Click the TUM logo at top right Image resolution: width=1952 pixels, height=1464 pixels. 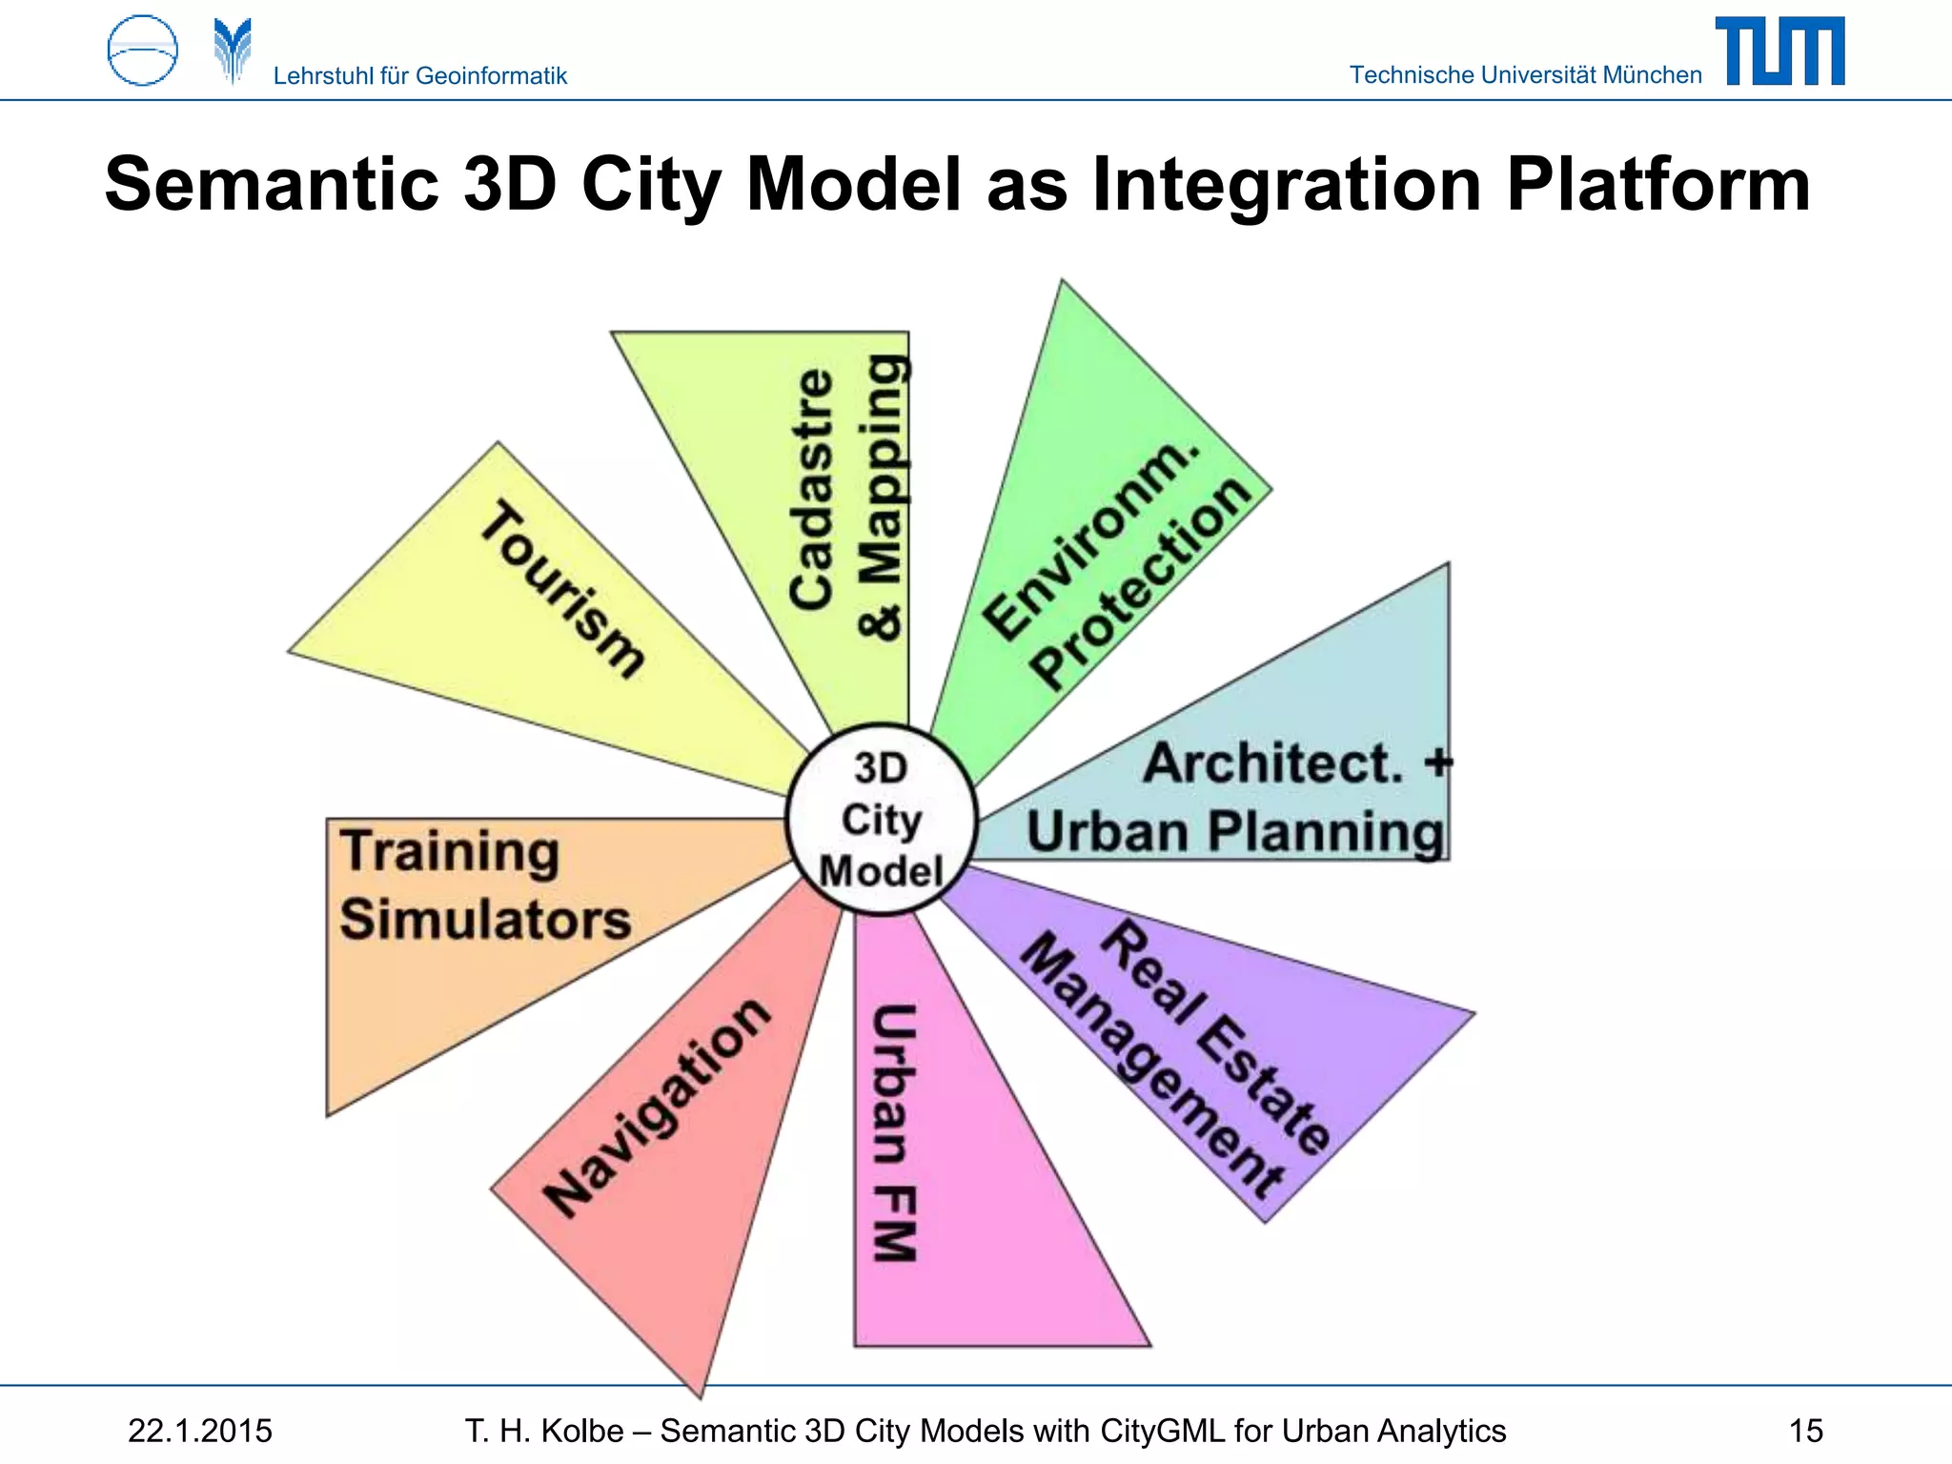(x=1779, y=51)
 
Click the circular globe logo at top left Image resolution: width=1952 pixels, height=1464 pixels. (x=143, y=51)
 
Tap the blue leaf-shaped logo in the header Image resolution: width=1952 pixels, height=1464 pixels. (x=233, y=50)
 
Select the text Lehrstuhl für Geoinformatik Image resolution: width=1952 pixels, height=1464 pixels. (x=419, y=76)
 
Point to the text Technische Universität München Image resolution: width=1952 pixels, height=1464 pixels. (x=1525, y=75)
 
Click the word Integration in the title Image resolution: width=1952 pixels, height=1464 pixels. (x=1286, y=185)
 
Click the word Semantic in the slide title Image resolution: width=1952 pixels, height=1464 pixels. (x=272, y=185)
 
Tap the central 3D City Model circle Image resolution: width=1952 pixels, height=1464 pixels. (x=882, y=820)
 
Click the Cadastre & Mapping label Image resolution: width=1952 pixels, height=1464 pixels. (x=846, y=496)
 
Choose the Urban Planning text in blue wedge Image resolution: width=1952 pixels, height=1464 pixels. (x=1235, y=831)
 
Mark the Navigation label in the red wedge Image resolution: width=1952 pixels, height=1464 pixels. (x=656, y=1108)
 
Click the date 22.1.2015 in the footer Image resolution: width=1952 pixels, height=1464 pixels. (x=200, y=1431)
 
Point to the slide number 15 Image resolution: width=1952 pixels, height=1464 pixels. (x=1805, y=1431)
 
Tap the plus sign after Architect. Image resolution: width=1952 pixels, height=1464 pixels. (x=1437, y=762)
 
